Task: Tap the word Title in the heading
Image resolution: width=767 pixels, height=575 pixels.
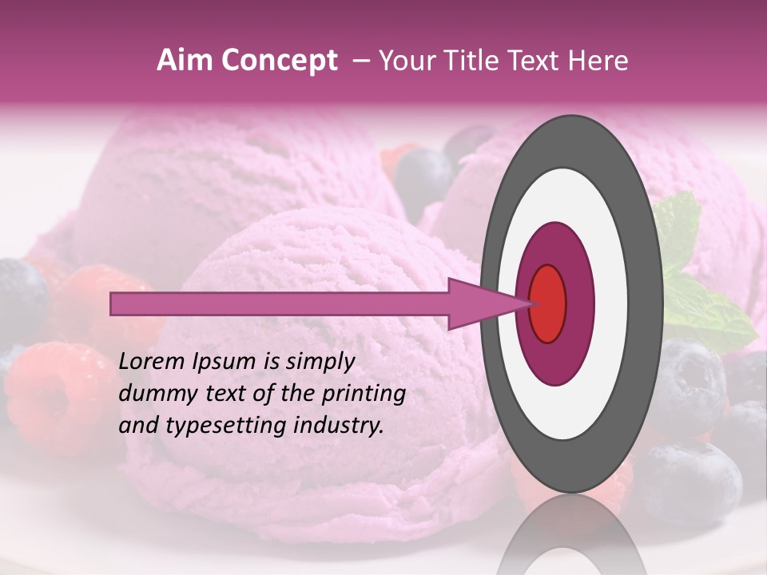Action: (463, 61)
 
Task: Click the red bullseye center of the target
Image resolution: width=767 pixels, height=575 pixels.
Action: (547, 303)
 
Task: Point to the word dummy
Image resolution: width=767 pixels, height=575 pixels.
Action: (152, 394)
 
